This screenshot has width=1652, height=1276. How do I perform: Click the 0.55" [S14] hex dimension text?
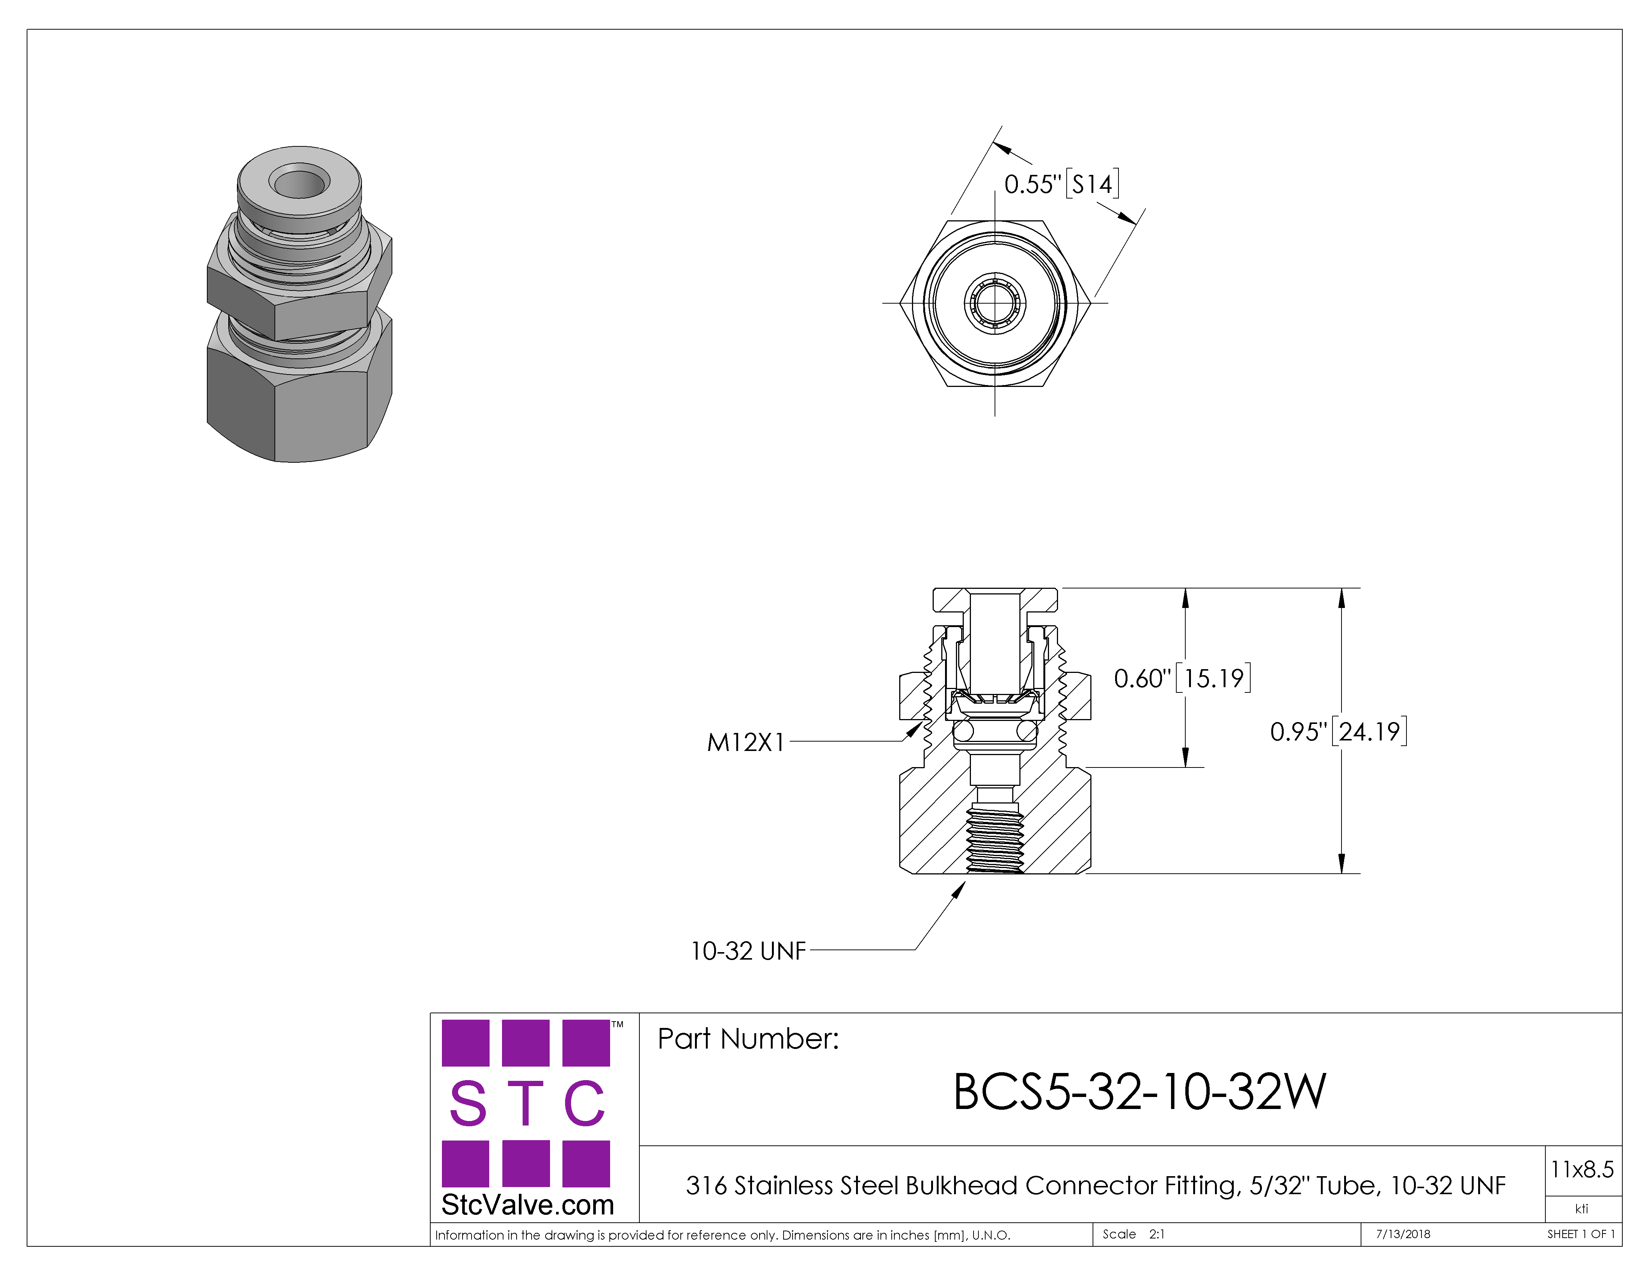[x=1061, y=184]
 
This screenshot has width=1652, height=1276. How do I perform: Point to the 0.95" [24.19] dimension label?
[x=1338, y=731]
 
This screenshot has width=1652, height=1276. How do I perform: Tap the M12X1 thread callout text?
[x=746, y=742]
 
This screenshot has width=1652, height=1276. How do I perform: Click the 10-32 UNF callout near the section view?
[x=748, y=950]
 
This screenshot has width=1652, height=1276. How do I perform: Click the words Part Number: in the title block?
[x=748, y=1039]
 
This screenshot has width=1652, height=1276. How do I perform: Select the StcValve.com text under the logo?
[x=527, y=1204]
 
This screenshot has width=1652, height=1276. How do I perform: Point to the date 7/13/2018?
[x=1403, y=1234]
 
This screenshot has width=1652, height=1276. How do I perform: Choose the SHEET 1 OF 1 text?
[x=1581, y=1234]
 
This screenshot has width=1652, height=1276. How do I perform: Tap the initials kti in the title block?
[x=1582, y=1209]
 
